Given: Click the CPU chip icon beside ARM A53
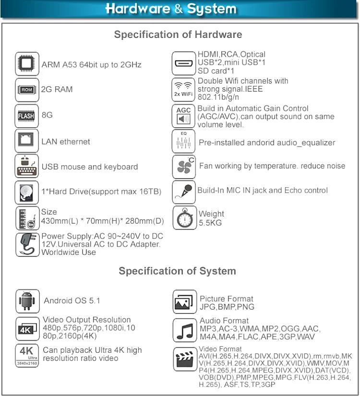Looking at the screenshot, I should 27,64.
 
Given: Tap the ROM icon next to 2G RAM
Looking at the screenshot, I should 27,89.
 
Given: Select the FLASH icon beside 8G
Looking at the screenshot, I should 27,115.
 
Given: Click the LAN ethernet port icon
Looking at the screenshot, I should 27,141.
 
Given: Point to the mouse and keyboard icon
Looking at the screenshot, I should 27,167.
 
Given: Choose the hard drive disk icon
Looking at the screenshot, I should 27,192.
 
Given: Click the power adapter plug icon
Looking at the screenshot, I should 27,244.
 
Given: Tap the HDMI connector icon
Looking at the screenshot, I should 184,63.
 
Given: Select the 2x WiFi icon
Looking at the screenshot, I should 184,89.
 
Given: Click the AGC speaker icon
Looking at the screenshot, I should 184,115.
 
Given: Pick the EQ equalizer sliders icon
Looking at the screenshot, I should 184,141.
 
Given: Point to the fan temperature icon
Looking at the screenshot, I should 184,167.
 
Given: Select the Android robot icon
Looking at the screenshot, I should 27,301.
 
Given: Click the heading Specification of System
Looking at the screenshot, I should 177,271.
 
